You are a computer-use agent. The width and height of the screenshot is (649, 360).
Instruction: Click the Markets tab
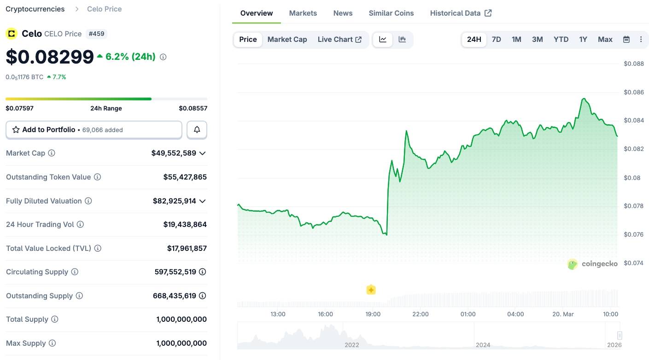click(x=303, y=13)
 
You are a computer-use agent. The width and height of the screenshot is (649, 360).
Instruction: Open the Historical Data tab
click(x=461, y=13)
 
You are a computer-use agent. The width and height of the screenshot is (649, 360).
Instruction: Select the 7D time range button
click(x=496, y=40)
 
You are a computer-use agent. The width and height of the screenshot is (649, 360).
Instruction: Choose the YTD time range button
click(x=561, y=40)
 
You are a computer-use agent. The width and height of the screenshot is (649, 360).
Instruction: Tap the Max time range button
click(x=605, y=40)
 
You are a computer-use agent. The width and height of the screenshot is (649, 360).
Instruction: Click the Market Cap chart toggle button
click(x=287, y=40)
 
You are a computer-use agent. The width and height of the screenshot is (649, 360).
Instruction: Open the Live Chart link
click(x=339, y=40)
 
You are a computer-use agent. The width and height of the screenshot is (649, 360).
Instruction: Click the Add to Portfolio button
click(x=94, y=130)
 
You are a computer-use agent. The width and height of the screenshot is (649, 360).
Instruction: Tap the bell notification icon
click(x=197, y=130)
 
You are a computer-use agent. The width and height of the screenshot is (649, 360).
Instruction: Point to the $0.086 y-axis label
click(x=634, y=92)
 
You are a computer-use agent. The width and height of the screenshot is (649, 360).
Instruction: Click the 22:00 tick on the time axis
click(x=421, y=314)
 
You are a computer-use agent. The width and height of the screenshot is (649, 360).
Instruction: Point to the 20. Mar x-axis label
click(x=563, y=314)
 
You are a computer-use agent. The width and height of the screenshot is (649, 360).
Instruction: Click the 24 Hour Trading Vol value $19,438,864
click(x=185, y=225)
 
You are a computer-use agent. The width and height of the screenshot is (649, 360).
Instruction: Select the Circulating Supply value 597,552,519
click(x=175, y=272)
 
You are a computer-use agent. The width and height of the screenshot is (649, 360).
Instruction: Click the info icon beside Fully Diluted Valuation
click(x=88, y=201)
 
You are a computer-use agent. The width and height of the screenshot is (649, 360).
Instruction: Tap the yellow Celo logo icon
click(x=12, y=34)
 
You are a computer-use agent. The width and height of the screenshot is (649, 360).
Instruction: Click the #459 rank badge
click(x=96, y=34)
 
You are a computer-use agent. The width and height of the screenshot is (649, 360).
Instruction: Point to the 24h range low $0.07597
click(x=19, y=108)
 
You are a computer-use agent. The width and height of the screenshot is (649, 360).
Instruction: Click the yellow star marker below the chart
click(x=371, y=290)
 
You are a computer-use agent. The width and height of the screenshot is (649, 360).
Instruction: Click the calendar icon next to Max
click(x=626, y=40)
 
